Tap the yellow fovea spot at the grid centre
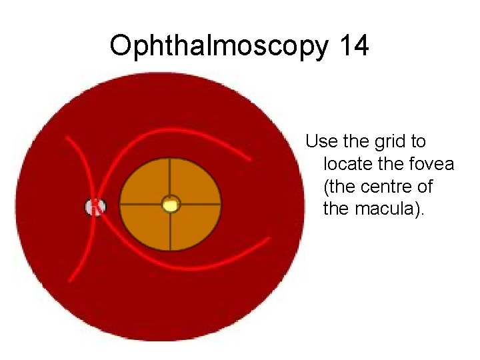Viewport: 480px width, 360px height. [x=171, y=204]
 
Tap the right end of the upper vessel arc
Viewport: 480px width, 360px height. [x=249, y=159]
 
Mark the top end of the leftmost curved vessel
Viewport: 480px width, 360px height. [x=66, y=138]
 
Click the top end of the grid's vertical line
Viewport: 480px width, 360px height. [x=171, y=159]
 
